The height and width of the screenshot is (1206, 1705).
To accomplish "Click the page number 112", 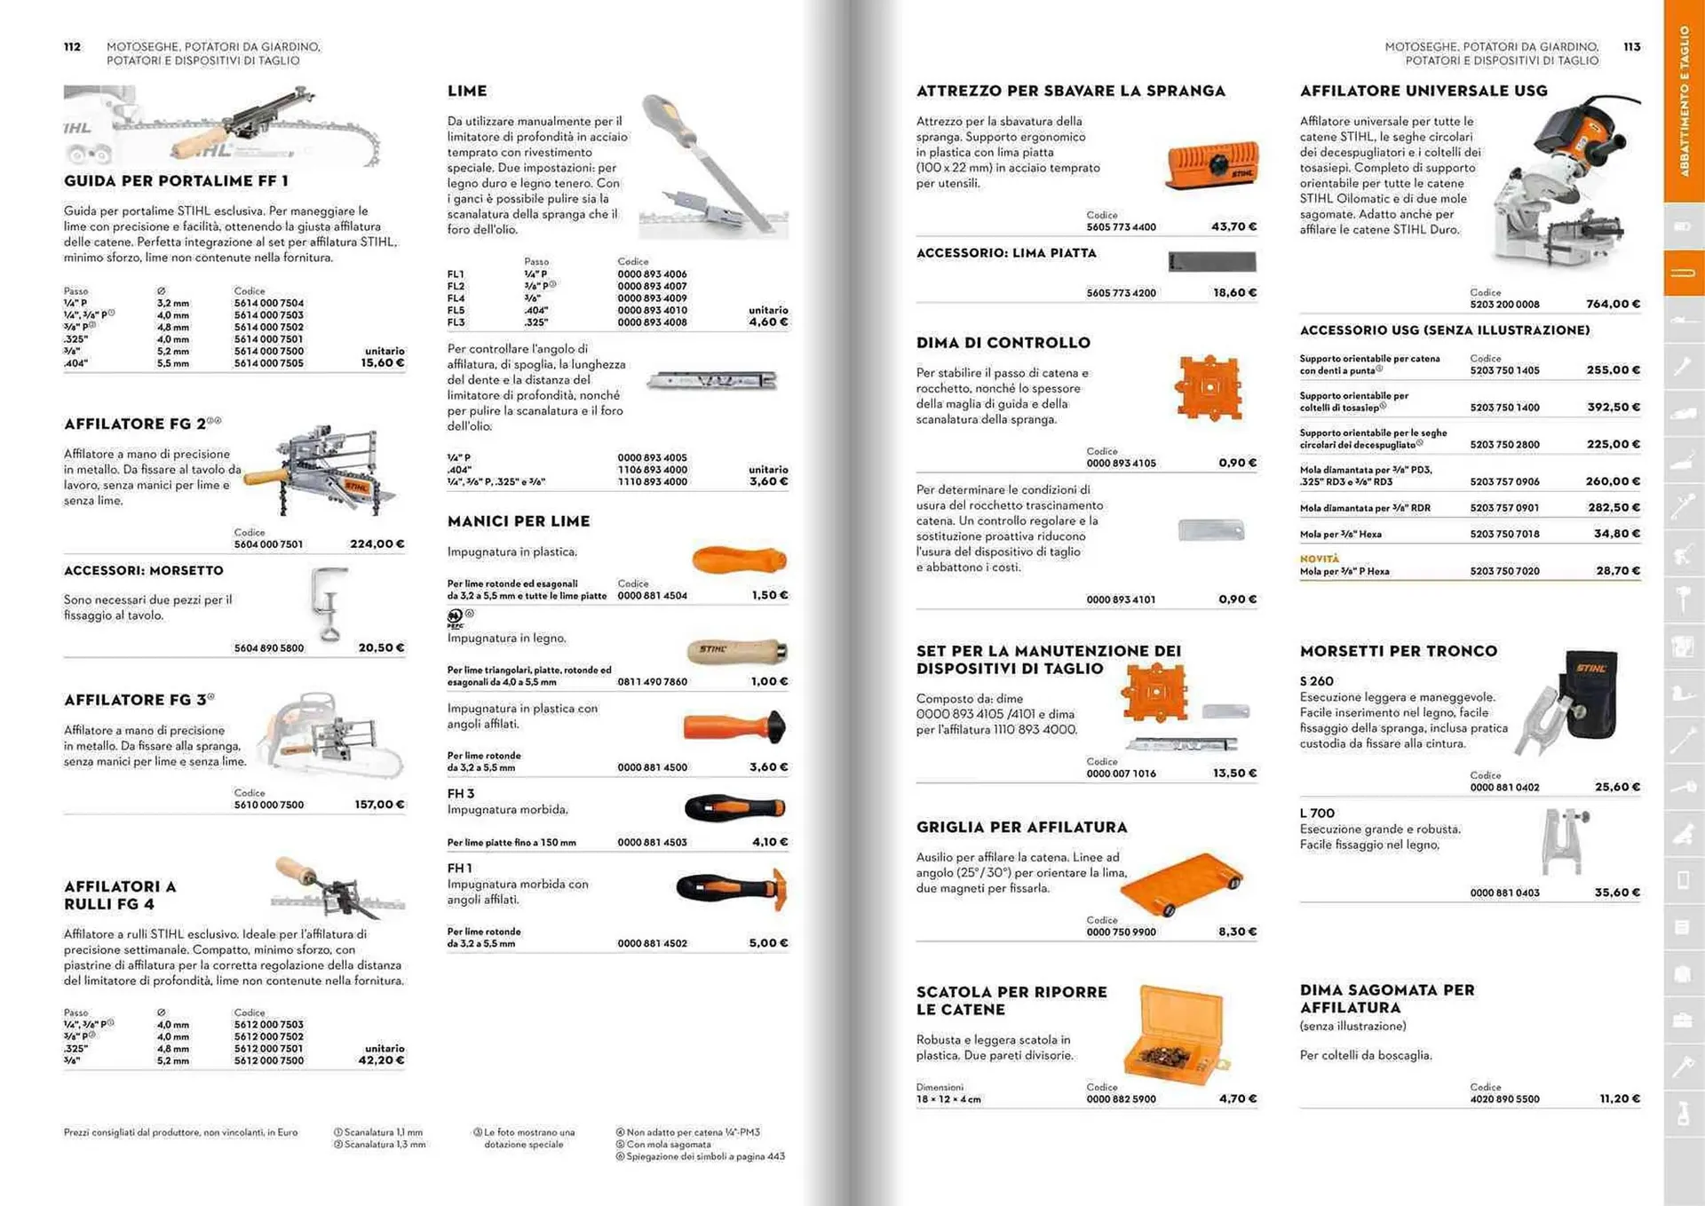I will (72, 47).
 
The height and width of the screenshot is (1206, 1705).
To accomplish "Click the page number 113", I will (1631, 47).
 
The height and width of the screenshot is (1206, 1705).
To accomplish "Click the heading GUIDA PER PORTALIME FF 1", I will (176, 181).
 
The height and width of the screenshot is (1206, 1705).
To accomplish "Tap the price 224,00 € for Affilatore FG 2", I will (377, 543).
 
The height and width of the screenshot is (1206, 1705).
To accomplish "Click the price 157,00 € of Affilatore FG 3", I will (379, 805).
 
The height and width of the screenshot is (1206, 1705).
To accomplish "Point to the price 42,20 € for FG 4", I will (382, 1060).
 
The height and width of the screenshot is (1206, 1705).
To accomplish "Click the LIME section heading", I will (467, 91).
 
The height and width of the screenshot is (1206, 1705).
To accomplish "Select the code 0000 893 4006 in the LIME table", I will (652, 274).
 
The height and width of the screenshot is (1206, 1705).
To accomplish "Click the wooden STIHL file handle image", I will (737, 651).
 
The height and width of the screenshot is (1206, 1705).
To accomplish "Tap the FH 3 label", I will (461, 793).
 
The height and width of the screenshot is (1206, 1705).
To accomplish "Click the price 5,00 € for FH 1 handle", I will (768, 943).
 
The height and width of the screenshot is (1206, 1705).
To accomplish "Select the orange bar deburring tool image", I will (1212, 165).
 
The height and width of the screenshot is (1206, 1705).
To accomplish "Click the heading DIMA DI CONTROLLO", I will (1003, 343).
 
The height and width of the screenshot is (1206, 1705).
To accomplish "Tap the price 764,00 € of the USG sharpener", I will (1613, 304).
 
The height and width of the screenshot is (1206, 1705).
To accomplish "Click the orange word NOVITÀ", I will (1319, 559).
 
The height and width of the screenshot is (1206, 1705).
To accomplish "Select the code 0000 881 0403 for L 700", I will (1504, 893).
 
